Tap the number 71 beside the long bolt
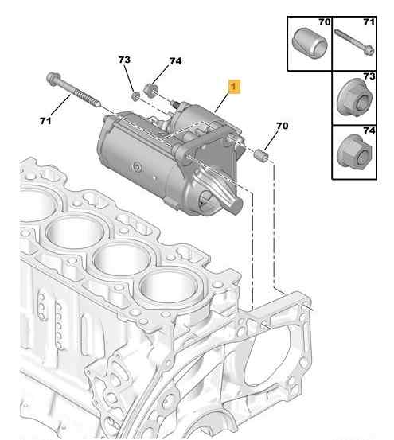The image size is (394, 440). coord(45,120)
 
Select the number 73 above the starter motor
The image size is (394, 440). coord(125,60)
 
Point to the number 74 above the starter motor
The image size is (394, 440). coord(175,62)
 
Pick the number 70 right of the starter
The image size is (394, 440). coord(282,125)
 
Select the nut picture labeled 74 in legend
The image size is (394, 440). coord(352,150)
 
